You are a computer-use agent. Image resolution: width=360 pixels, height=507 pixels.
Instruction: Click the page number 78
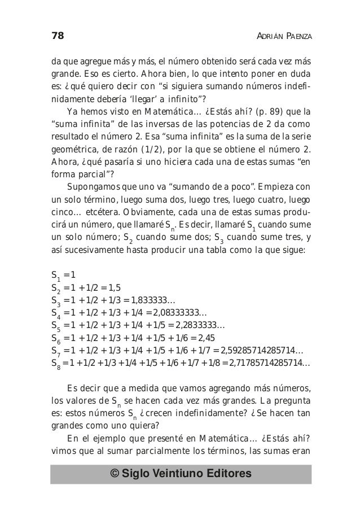click(x=56, y=37)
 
